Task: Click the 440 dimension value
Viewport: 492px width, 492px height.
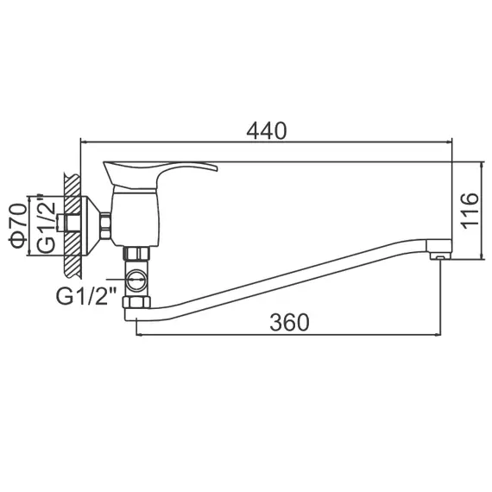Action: (266, 130)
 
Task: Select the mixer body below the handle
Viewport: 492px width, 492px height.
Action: (136, 216)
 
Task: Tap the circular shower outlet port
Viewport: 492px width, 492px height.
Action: (136, 279)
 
